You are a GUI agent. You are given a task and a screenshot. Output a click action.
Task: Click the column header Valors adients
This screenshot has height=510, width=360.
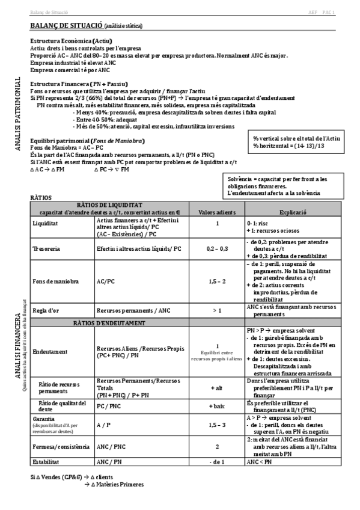[x=217, y=212]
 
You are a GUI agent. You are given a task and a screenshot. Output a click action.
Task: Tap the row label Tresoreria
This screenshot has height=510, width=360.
[x=47, y=248]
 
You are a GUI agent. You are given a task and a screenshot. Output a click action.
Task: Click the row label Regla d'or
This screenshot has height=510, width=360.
[x=47, y=310]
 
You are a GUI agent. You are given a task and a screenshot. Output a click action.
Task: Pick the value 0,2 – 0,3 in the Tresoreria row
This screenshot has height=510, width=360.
[x=217, y=248]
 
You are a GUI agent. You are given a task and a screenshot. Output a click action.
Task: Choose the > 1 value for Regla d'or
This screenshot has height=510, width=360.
[x=217, y=310]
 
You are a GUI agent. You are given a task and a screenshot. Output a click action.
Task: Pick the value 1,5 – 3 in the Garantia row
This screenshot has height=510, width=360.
[x=217, y=425]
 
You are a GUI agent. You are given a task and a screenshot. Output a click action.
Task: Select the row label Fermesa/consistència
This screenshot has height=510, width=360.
[x=61, y=446]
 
